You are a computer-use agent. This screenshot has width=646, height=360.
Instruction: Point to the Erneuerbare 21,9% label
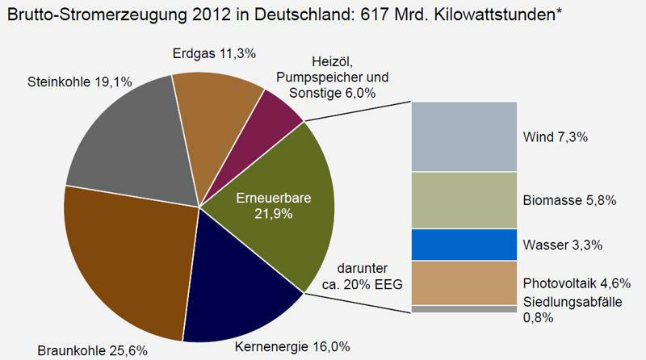pyautogui.click(x=262, y=206)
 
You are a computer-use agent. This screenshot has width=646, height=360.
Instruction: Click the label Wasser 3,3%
pyautogui.click(x=562, y=244)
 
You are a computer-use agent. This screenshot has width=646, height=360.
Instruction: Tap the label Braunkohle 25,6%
pyautogui.click(x=92, y=350)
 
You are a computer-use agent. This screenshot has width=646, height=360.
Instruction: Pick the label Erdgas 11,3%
pyautogui.click(x=214, y=54)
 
